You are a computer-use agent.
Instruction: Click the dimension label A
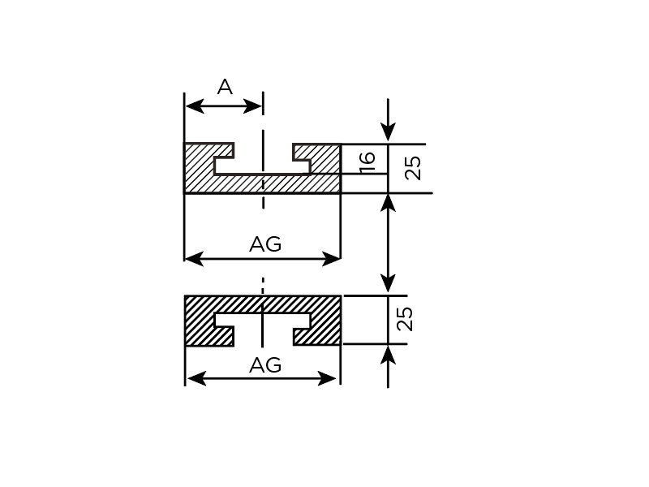(x=225, y=88)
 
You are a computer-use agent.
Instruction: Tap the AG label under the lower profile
(x=265, y=366)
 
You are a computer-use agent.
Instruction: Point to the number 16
(x=367, y=160)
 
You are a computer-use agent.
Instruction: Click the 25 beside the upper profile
(x=413, y=168)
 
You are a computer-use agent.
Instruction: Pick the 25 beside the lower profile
(x=406, y=318)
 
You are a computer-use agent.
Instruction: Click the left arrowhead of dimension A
(x=192, y=106)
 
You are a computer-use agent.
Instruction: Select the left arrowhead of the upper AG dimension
(x=193, y=259)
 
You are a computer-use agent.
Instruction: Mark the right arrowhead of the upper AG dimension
(x=332, y=259)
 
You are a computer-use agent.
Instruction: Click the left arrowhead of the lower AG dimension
(x=195, y=378)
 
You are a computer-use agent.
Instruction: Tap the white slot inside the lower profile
(x=262, y=320)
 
